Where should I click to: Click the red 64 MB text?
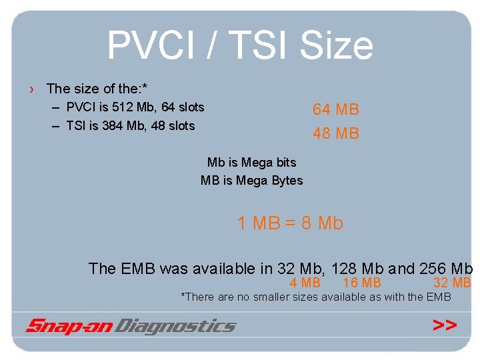click(x=336, y=109)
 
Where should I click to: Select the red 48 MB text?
click(x=336, y=133)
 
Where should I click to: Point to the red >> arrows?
click(x=445, y=325)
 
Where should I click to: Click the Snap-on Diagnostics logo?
click(x=131, y=326)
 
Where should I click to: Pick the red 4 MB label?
click(x=305, y=283)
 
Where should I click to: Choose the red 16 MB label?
click(x=362, y=283)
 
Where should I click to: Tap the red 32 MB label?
click(x=452, y=283)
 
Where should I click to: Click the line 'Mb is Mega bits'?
click(x=251, y=162)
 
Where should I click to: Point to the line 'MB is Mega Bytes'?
click(x=251, y=180)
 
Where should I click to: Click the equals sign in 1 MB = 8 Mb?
click(x=291, y=223)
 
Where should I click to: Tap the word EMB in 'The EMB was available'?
click(x=138, y=269)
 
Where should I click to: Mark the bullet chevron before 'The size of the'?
click(x=33, y=89)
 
